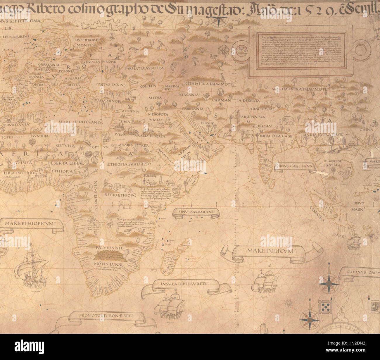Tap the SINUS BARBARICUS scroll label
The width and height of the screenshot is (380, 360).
pyautogui.click(x=196, y=212)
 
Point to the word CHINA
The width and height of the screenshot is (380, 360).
pyautogui.click(x=366, y=129)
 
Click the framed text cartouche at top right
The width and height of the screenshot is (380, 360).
pyautogui.click(x=301, y=51)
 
